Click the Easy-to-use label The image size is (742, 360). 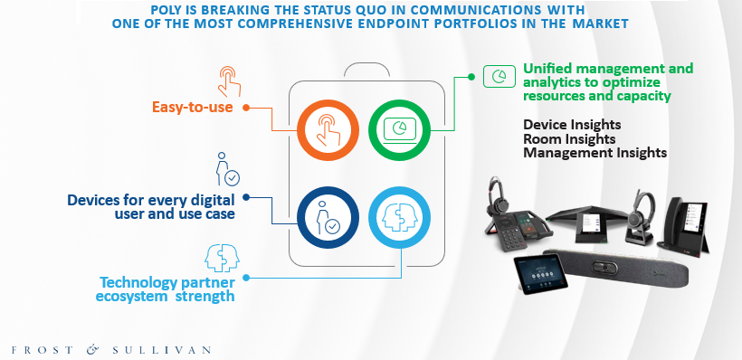click(x=192, y=108)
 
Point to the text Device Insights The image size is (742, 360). click(x=572, y=125)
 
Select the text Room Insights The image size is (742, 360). click(x=569, y=139)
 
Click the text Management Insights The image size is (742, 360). click(x=595, y=153)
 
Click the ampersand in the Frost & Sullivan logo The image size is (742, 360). click(x=92, y=350)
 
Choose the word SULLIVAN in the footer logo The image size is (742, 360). click(x=162, y=351)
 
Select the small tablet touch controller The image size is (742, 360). click(x=541, y=275)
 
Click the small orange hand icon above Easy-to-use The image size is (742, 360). click(x=230, y=81)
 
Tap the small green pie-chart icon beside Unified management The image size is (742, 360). click(x=499, y=76)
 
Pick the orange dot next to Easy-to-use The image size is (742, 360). click(x=246, y=108)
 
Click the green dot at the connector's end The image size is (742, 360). click(x=471, y=77)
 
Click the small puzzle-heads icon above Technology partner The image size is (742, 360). click(x=222, y=258)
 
